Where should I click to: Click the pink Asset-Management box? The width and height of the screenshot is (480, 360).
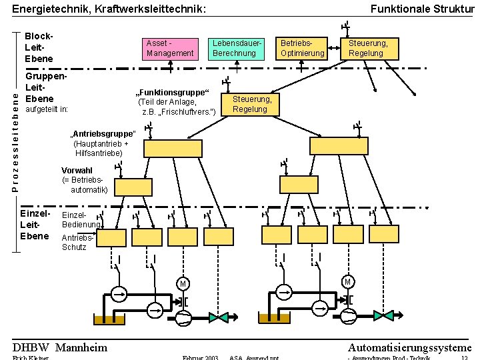(x=170, y=49)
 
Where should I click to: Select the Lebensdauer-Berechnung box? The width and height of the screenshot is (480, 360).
(x=234, y=49)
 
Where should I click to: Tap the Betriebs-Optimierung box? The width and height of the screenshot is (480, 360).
(x=301, y=49)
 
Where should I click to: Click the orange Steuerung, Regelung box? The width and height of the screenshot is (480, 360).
(x=251, y=105)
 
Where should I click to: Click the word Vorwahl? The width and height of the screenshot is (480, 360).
(x=77, y=171)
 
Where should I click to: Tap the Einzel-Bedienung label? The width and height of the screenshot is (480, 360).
(x=79, y=220)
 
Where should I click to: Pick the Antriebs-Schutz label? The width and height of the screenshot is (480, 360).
(x=77, y=243)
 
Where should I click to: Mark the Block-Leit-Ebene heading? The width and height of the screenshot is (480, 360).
(x=38, y=49)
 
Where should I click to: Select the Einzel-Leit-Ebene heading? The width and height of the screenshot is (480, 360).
(x=35, y=225)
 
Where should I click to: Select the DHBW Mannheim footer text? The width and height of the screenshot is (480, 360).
(x=60, y=347)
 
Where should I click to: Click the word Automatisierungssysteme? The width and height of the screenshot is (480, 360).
(x=409, y=347)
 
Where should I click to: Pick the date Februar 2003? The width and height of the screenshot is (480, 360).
(x=200, y=358)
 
